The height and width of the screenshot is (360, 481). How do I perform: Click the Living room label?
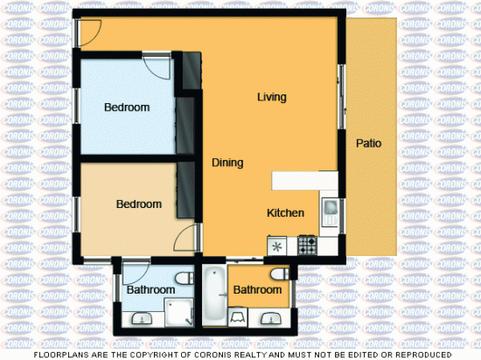tap(272, 97)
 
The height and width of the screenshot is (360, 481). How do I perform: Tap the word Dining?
tap(227, 163)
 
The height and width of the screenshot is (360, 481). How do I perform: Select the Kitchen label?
tap(285, 213)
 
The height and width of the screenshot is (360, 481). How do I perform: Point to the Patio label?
tap(368, 143)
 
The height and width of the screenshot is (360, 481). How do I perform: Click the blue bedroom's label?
tap(127, 107)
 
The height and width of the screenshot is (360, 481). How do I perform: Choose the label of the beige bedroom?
tap(139, 204)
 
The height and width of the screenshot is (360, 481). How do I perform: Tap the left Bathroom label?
tap(151, 290)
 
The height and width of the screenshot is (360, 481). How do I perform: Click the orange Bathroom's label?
tap(257, 290)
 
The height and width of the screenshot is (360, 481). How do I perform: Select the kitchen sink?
tap(330, 211)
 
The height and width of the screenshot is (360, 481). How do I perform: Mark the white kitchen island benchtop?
tap(303, 180)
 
